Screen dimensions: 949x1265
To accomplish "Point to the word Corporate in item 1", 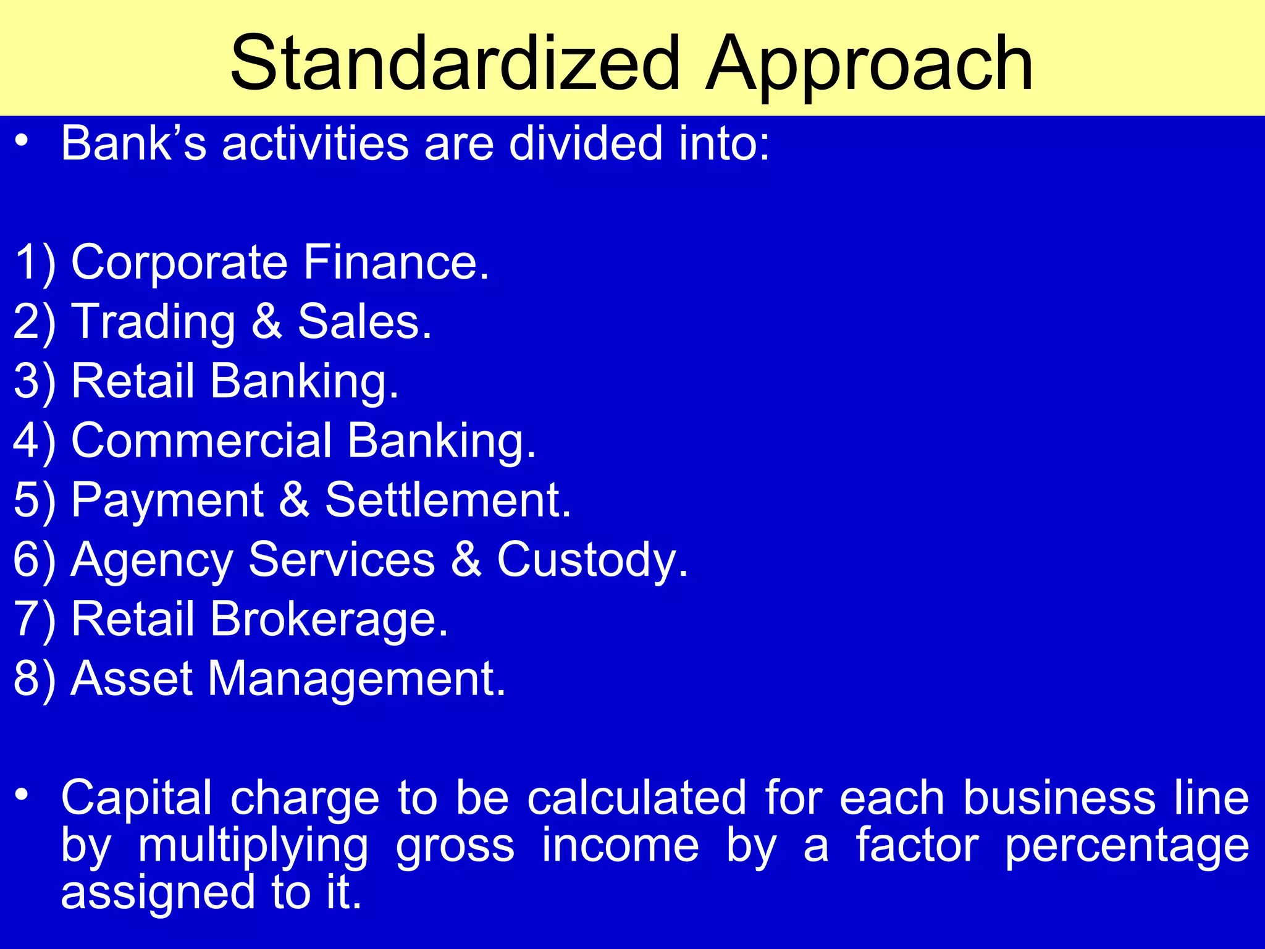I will [x=179, y=263].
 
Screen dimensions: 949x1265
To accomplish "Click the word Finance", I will [x=395, y=262].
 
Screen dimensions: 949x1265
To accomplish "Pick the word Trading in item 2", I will [x=154, y=323].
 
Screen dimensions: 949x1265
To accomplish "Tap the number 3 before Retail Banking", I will [x=26, y=381].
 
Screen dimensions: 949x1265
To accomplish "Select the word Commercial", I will [x=202, y=441].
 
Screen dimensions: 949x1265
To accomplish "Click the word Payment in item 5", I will [x=167, y=500].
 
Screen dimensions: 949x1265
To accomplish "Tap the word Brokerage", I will [x=329, y=619].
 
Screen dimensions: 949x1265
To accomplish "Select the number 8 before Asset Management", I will [x=26, y=678].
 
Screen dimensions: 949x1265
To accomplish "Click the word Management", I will [x=356, y=678].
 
